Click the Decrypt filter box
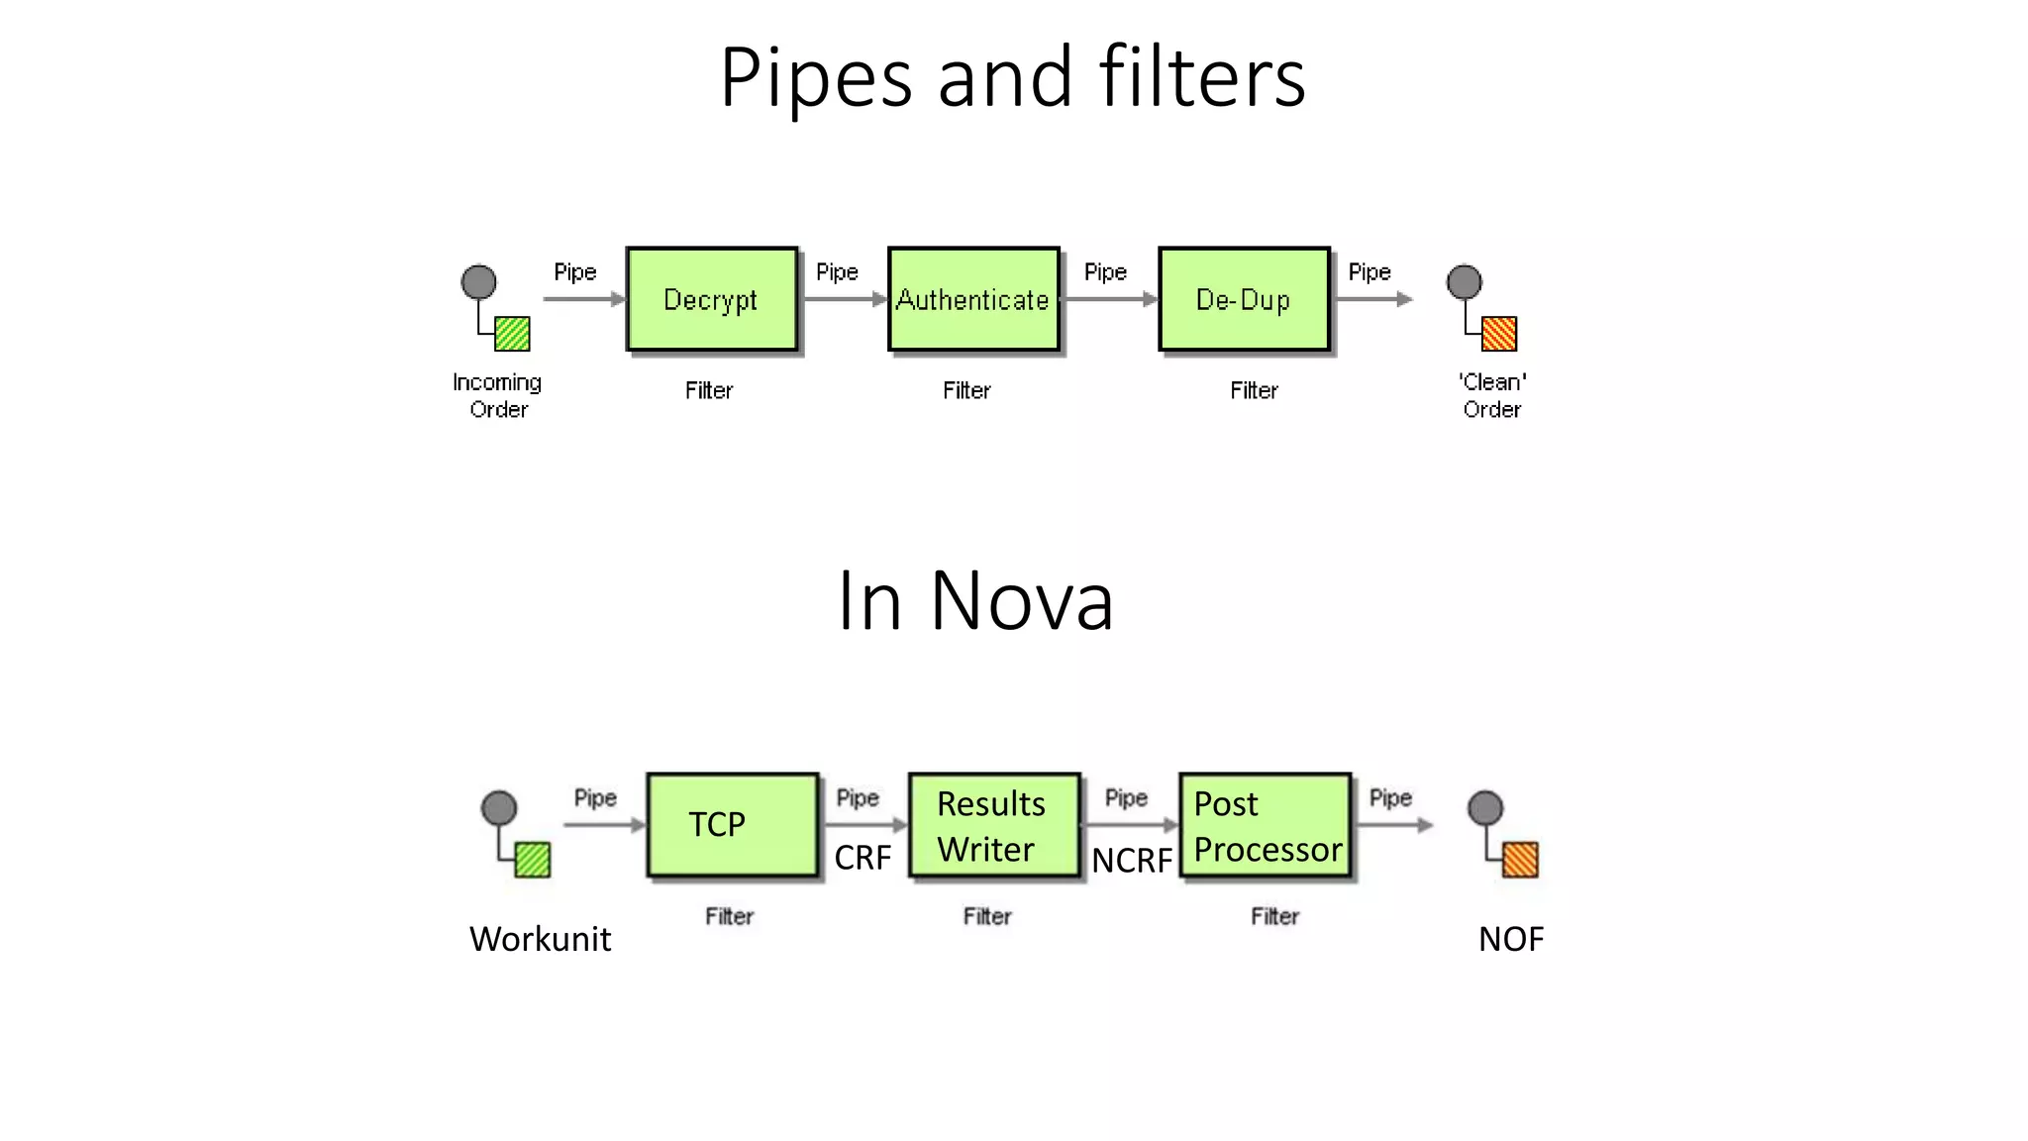coord(711,299)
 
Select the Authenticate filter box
coord(973,299)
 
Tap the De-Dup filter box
coord(1244,299)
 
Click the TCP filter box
coord(732,825)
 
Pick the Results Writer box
coord(993,825)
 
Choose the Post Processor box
coord(1265,825)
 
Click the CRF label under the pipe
coord(862,858)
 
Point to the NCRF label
coord(1132,861)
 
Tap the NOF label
coord(1510,939)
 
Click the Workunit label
coord(540,939)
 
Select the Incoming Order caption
coord(498,395)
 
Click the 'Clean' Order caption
coord(1492,395)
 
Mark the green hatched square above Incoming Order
coord(512,334)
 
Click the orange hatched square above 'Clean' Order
coord(1498,334)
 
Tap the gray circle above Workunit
coord(499,808)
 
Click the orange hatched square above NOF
coord(1520,860)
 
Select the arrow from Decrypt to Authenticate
coord(844,299)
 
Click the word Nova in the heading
coord(1022,601)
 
